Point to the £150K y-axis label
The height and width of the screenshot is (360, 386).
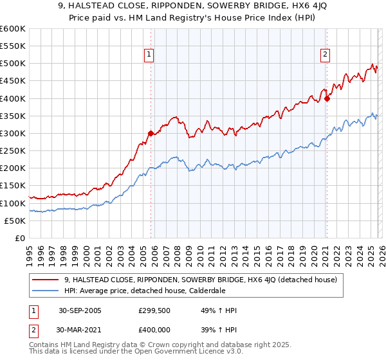pos(13,186)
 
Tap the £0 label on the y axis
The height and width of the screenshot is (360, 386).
pos(20,239)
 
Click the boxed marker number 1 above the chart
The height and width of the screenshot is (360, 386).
pos(149,55)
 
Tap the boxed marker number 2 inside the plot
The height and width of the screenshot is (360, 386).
pos(326,55)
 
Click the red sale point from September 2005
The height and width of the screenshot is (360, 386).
pos(151,134)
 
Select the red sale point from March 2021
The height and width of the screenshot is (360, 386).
pos(327,98)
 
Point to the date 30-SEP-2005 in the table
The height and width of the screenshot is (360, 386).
pos(80,310)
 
